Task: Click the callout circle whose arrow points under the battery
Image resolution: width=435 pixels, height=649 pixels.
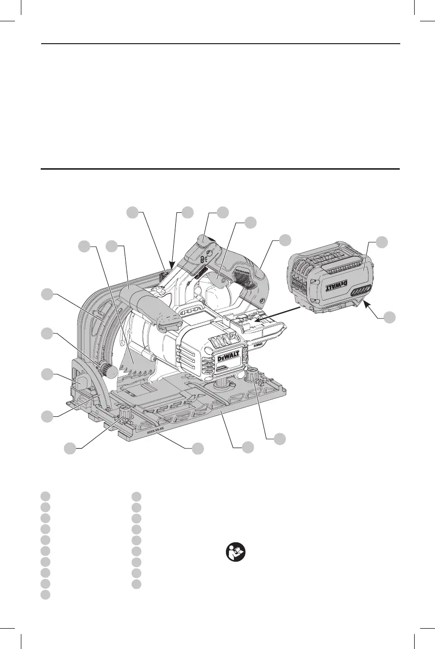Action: tap(389, 316)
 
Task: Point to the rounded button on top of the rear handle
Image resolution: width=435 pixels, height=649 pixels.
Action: tap(204, 242)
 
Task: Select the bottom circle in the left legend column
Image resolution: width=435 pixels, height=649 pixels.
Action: tap(45, 595)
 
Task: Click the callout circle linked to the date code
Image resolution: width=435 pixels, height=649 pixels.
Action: tap(198, 448)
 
